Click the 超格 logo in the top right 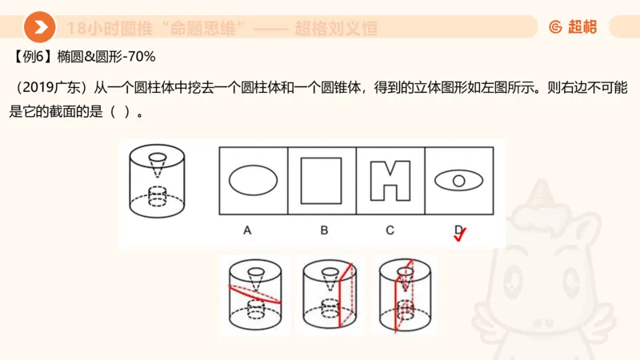point(573,27)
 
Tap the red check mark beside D point(460,234)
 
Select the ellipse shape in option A point(253,181)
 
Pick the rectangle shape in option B point(322,181)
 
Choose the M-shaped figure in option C point(390,181)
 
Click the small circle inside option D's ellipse point(459,181)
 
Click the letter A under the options point(247,230)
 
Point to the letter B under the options point(324,230)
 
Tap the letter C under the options point(390,230)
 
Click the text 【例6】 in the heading point(33,57)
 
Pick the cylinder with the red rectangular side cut point(330,294)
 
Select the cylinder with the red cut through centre point(406,294)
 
